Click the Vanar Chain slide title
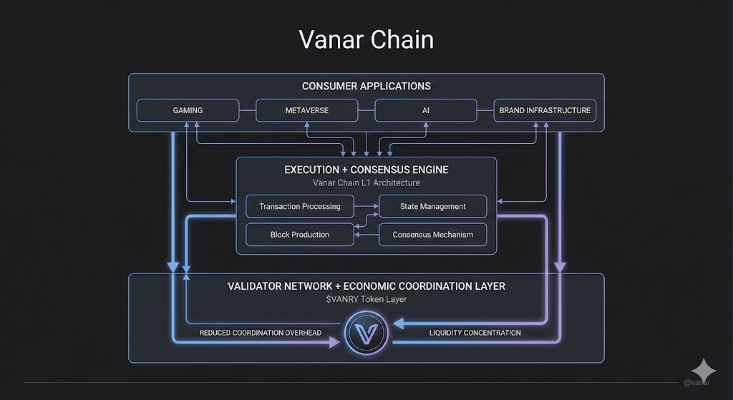coord(366,40)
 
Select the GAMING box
coord(188,110)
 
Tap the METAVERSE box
coord(306,110)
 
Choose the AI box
coord(425,110)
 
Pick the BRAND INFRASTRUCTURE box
coord(545,110)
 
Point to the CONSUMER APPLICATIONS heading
coord(366,86)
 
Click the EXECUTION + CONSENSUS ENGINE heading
coord(366,170)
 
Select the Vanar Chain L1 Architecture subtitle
coord(366,183)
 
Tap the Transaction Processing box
coord(300,206)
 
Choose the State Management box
coord(432,206)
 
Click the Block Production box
coord(300,235)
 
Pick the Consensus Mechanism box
coord(432,235)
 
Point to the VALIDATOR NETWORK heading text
coord(366,286)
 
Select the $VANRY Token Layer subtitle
coord(366,299)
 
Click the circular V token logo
coord(366,333)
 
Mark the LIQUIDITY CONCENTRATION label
coord(475,333)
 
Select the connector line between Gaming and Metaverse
coord(247,110)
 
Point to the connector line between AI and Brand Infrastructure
coord(485,110)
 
